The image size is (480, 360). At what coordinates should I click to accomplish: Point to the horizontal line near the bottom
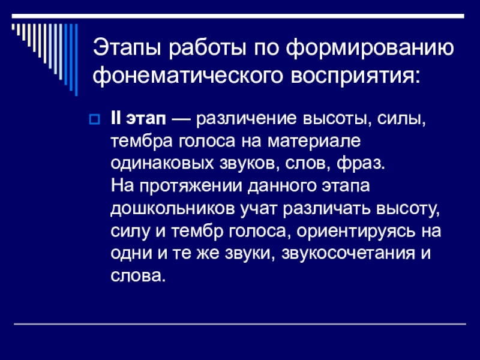240,325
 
